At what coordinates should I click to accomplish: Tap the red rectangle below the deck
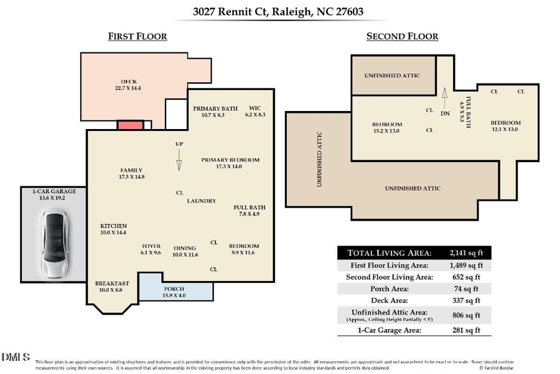131,125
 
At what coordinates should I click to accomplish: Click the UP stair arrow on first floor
179,160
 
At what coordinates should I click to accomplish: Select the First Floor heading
138,36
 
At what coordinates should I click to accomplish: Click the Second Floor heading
402,36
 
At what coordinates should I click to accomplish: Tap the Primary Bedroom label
230,160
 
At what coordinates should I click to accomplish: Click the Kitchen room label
114,226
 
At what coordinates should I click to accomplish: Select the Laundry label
202,201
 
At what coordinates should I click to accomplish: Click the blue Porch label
174,289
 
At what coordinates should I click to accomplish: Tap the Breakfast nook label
112,284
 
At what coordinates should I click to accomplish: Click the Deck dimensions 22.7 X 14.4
129,89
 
